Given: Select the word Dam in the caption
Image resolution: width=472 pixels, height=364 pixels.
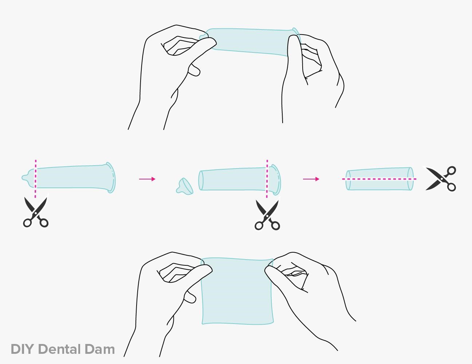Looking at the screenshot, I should click(x=100, y=349).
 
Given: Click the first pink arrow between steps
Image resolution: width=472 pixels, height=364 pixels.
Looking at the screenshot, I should click(x=147, y=179).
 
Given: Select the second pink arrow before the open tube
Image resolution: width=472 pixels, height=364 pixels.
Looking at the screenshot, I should click(x=311, y=179).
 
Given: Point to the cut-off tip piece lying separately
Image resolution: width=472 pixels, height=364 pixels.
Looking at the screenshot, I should click(x=185, y=186).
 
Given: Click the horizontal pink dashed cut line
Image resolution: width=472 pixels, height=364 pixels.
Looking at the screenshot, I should click(x=379, y=179).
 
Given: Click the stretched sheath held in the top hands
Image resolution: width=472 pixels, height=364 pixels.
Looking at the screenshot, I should click(x=251, y=41).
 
